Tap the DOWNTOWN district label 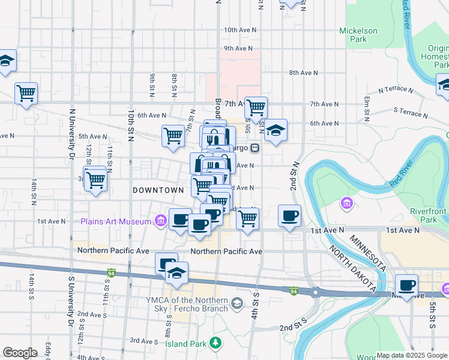click(158, 190)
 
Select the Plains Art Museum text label click(116, 221)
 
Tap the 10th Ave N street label click(240, 29)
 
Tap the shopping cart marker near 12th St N click(95, 179)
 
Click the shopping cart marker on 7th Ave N click(256, 107)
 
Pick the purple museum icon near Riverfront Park click(346, 204)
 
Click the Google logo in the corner click(20, 353)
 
